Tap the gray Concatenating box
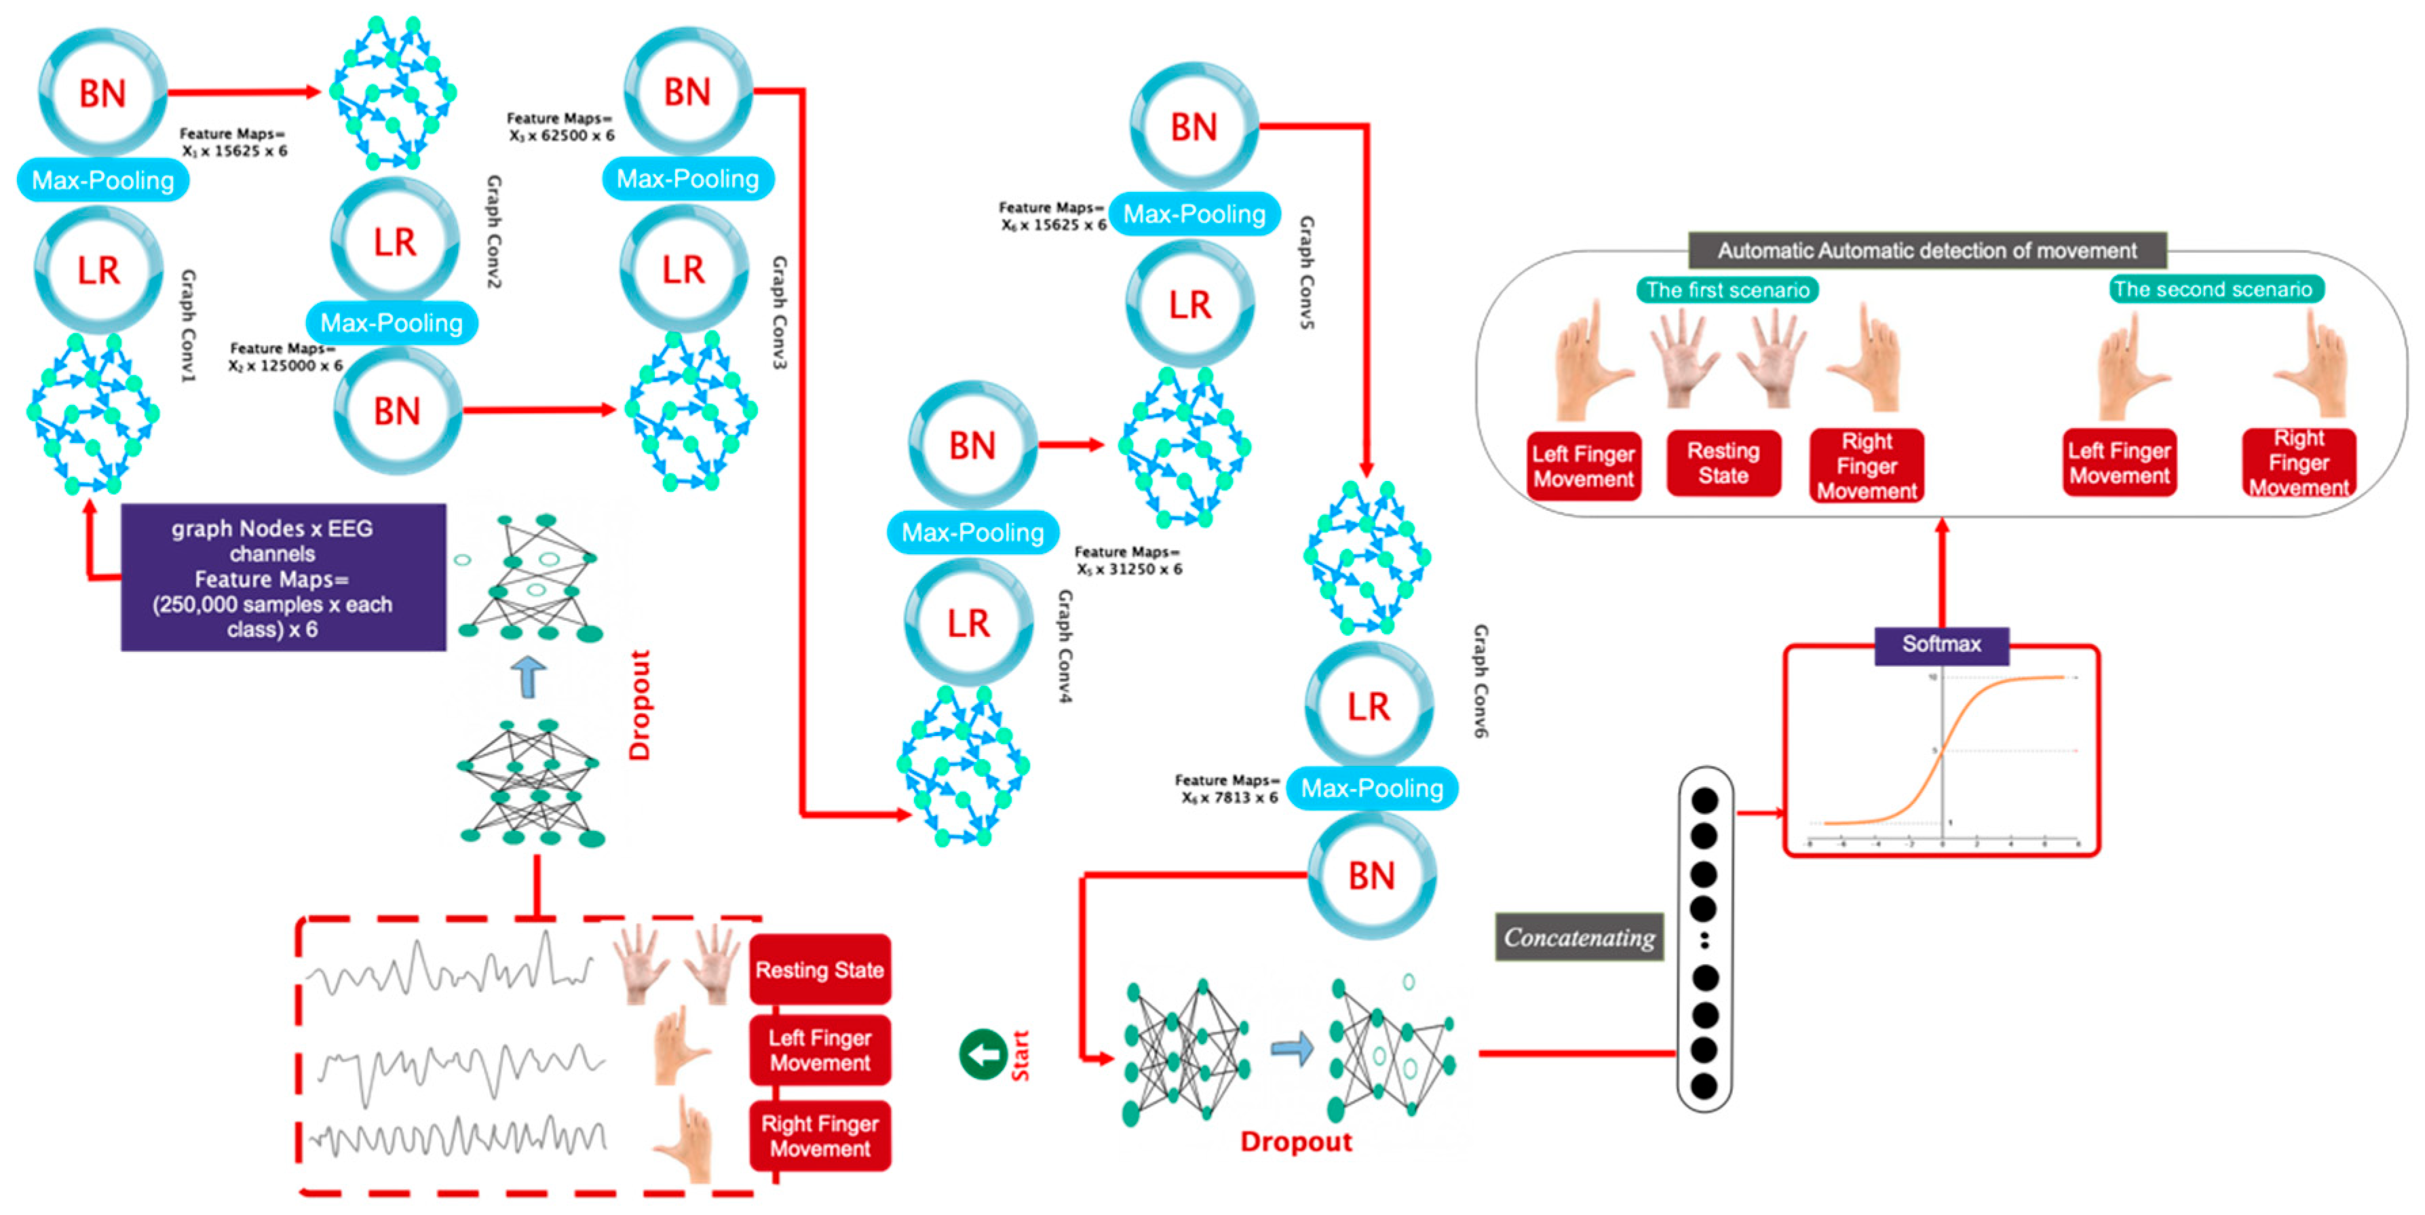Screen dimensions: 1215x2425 1579,938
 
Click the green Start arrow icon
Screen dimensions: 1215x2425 982,1054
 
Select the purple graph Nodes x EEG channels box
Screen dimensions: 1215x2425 284,578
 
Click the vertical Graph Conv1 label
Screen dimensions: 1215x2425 188,326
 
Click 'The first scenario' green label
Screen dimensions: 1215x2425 1727,290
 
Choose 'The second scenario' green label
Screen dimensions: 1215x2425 2213,289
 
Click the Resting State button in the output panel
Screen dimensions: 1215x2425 1723,463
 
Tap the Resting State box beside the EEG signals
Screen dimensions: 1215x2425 819,969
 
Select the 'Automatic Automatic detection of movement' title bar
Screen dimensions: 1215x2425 1926,250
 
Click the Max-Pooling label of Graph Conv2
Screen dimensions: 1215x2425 392,323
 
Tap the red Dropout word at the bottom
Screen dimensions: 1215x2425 1295,1142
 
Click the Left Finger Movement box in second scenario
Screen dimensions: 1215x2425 2118,463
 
